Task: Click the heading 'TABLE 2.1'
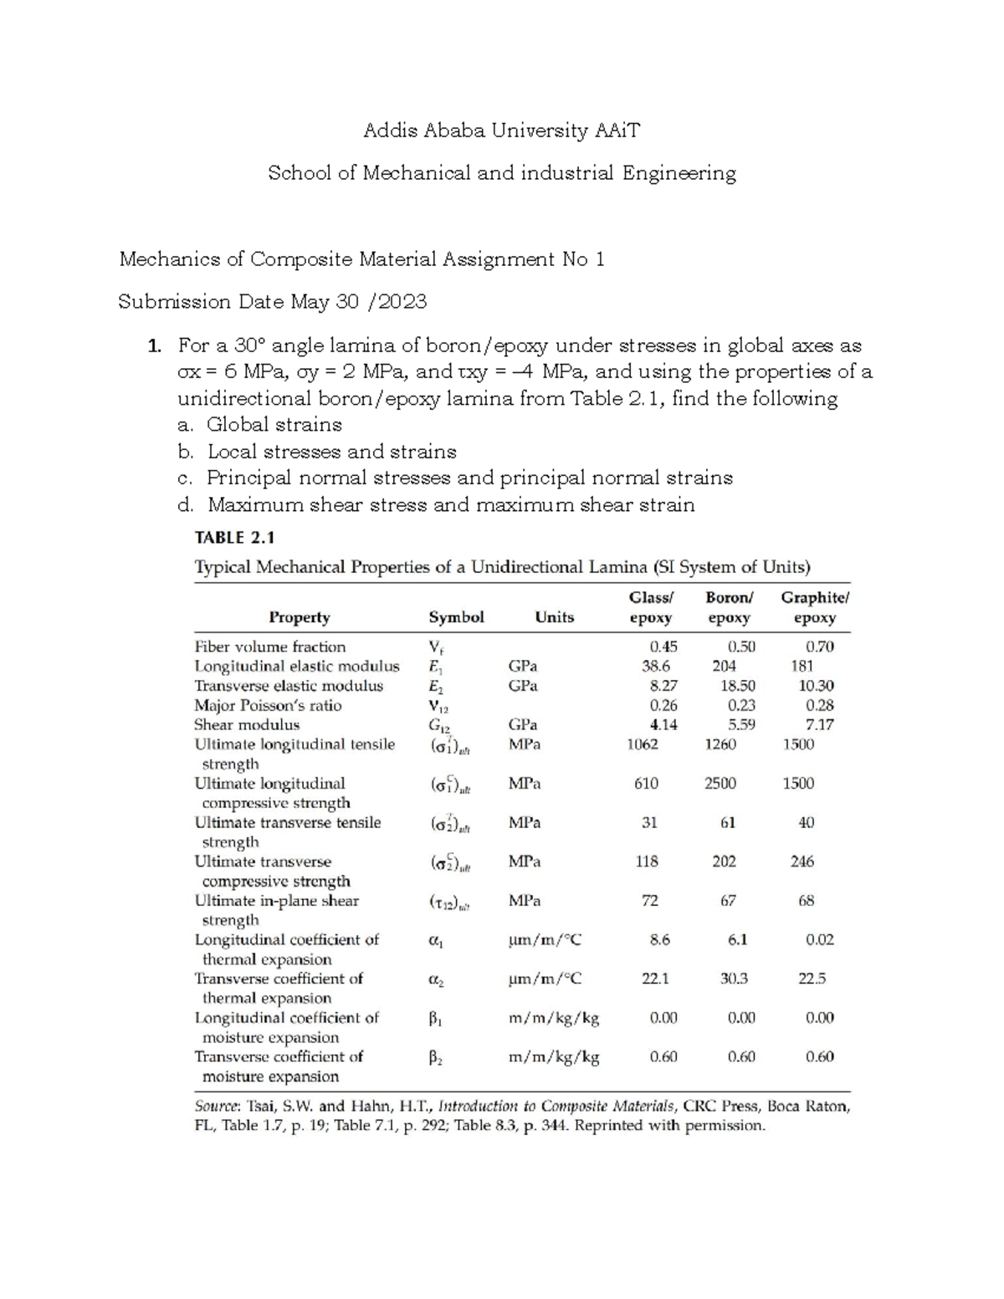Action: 234,538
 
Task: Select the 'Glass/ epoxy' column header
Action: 650,607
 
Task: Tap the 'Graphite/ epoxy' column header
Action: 814,607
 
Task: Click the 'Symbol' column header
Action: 456,617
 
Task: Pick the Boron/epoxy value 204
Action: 724,667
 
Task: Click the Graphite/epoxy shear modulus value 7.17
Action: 819,725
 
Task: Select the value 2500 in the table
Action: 720,784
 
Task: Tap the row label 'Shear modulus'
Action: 247,725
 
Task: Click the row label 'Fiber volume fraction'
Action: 269,647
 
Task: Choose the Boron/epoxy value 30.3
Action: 734,979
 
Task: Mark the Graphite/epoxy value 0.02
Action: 819,939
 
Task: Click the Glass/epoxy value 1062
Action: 643,744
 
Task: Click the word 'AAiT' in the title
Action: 617,130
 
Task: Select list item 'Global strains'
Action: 274,425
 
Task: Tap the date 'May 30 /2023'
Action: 358,302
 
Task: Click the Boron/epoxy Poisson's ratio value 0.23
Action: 740,705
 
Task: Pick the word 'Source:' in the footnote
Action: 220,1106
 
